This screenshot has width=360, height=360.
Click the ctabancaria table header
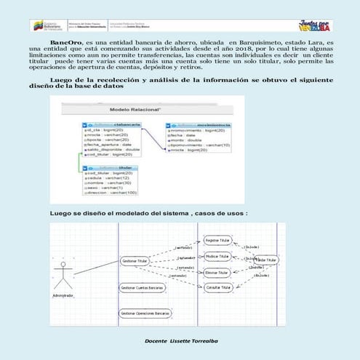pyautogui.click(x=108, y=124)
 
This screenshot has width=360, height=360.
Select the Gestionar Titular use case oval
pyautogui.click(x=138, y=260)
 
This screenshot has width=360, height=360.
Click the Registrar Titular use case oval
pyautogui.click(x=217, y=239)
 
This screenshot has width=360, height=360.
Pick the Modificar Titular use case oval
pyautogui.click(x=217, y=257)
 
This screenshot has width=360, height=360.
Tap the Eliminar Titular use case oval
pyautogui.click(x=217, y=272)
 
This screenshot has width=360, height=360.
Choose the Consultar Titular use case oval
pyautogui.click(x=217, y=288)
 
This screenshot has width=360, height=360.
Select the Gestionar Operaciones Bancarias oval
pyautogui.click(x=145, y=313)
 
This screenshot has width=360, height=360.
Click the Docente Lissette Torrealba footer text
pyautogui.click(x=180, y=340)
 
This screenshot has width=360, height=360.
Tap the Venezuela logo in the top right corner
pyautogui.click(x=318, y=25)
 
